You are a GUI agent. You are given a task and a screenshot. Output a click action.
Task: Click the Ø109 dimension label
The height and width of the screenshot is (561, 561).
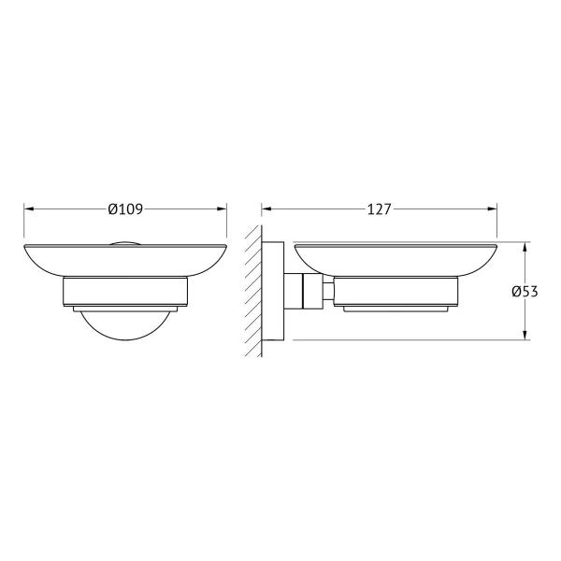click(x=125, y=209)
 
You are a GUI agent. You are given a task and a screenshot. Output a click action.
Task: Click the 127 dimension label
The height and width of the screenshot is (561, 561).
click(x=380, y=209)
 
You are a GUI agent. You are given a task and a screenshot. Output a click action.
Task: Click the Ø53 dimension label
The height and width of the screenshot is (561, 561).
click(x=525, y=292)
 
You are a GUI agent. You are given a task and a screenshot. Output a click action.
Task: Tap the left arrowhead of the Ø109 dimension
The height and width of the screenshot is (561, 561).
click(x=29, y=209)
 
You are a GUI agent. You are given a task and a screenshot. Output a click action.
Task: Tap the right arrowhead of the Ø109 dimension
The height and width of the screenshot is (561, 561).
click(x=222, y=209)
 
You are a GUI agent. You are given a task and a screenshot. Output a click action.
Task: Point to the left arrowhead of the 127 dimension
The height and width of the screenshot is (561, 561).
click(x=266, y=209)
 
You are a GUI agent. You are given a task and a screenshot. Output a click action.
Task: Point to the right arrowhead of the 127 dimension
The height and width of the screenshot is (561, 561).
click(x=492, y=209)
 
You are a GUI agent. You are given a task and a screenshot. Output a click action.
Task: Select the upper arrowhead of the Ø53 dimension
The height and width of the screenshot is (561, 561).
click(x=525, y=247)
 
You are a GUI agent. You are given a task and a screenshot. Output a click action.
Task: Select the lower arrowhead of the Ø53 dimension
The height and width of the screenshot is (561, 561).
click(x=525, y=335)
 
